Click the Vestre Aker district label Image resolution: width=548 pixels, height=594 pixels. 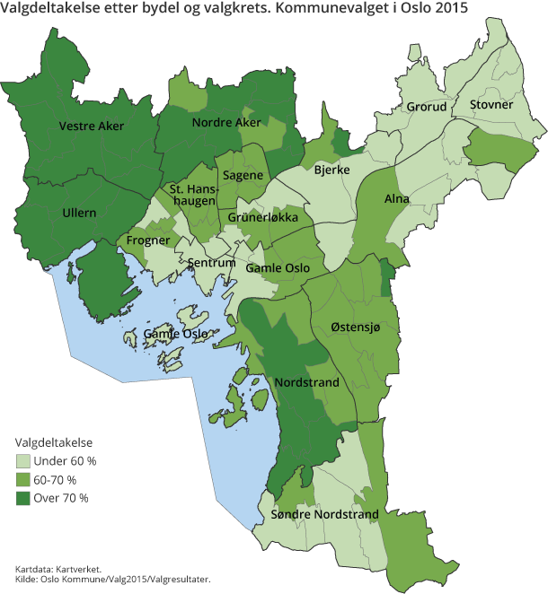click(x=92, y=127)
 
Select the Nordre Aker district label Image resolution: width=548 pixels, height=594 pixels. click(x=226, y=122)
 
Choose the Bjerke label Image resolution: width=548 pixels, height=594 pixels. click(x=331, y=168)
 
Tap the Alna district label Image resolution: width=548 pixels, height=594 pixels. click(x=396, y=198)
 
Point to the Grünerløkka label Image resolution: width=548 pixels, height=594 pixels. click(x=256, y=218)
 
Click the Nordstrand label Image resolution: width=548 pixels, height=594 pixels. click(x=307, y=383)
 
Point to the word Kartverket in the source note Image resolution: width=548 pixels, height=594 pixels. click(x=78, y=569)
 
